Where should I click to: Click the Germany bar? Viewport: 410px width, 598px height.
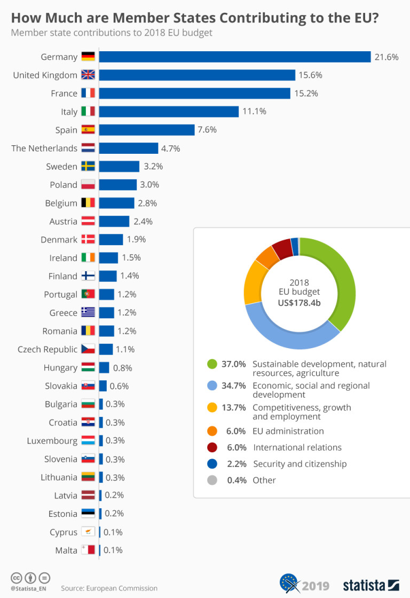(x=235, y=57)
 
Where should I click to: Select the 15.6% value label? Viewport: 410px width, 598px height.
(x=311, y=75)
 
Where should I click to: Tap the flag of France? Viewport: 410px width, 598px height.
(x=88, y=93)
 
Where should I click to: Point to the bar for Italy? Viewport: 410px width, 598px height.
(x=169, y=112)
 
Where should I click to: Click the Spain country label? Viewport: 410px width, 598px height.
(x=66, y=130)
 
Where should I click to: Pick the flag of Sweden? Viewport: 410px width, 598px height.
(x=88, y=167)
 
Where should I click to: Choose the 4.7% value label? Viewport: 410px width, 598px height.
(x=171, y=148)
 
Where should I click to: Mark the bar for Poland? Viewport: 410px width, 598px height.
(x=118, y=185)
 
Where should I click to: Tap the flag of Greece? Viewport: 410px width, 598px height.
(x=88, y=312)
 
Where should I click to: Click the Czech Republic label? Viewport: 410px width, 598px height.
(x=48, y=349)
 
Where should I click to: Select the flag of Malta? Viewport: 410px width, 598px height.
(x=88, y=550)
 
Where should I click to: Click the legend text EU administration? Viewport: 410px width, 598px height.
(x=288, y=431)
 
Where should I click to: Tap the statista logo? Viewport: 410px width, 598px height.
(x=370, y=584)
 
